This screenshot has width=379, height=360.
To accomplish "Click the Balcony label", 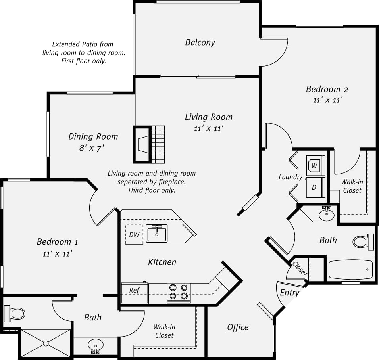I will pos(200,42).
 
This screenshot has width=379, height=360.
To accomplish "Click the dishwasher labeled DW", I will pos(134,234).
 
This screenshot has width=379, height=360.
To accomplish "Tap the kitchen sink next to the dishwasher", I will pos(157,233).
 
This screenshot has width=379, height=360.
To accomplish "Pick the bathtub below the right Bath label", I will pos(350,270).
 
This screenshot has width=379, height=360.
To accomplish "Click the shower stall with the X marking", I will pos(45,343).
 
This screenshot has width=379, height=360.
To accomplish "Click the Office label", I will pos(238,327).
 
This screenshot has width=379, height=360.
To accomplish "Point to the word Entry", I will pos(289,293).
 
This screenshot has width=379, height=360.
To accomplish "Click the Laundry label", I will pos(291,177).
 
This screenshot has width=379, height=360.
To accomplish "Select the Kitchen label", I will pos(162,262).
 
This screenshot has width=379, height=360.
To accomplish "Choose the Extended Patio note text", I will pos(84,53).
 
